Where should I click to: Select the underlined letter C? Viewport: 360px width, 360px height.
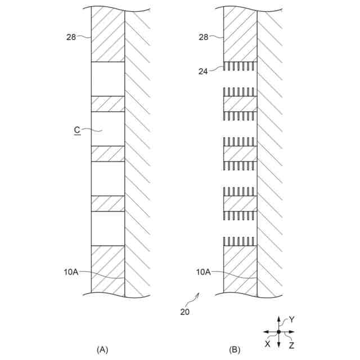pos(76,130)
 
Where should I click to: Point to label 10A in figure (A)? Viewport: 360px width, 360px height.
pos(71,272)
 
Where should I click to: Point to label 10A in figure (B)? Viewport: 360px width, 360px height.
pos(204,272)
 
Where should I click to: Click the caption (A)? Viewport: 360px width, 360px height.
pos(102,350)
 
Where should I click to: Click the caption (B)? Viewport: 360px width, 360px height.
pos(235,350)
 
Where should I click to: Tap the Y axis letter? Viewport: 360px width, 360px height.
pos(291,319)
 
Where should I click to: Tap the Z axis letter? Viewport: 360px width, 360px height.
pos(291,343)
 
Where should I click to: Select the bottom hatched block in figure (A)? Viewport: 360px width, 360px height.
pos(108,270)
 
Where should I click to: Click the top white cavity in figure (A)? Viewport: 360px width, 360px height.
pos(108,79)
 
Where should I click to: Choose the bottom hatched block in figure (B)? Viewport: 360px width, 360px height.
pos(240,270)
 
